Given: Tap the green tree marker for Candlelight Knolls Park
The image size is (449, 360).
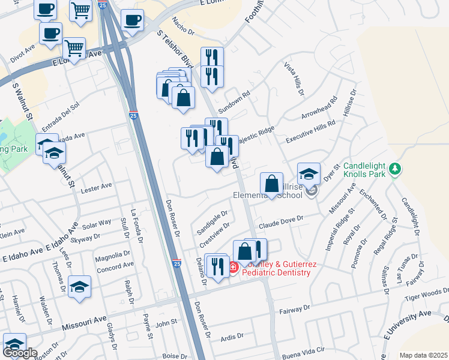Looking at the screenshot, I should pos(394,167).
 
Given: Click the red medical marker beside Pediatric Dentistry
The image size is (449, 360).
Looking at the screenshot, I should pos(233,268).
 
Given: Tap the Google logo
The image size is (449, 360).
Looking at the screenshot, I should pos(20,353).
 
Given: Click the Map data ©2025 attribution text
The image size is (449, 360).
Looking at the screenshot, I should pos(423,355).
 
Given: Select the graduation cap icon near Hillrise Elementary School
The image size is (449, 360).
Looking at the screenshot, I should pos(309,174).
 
